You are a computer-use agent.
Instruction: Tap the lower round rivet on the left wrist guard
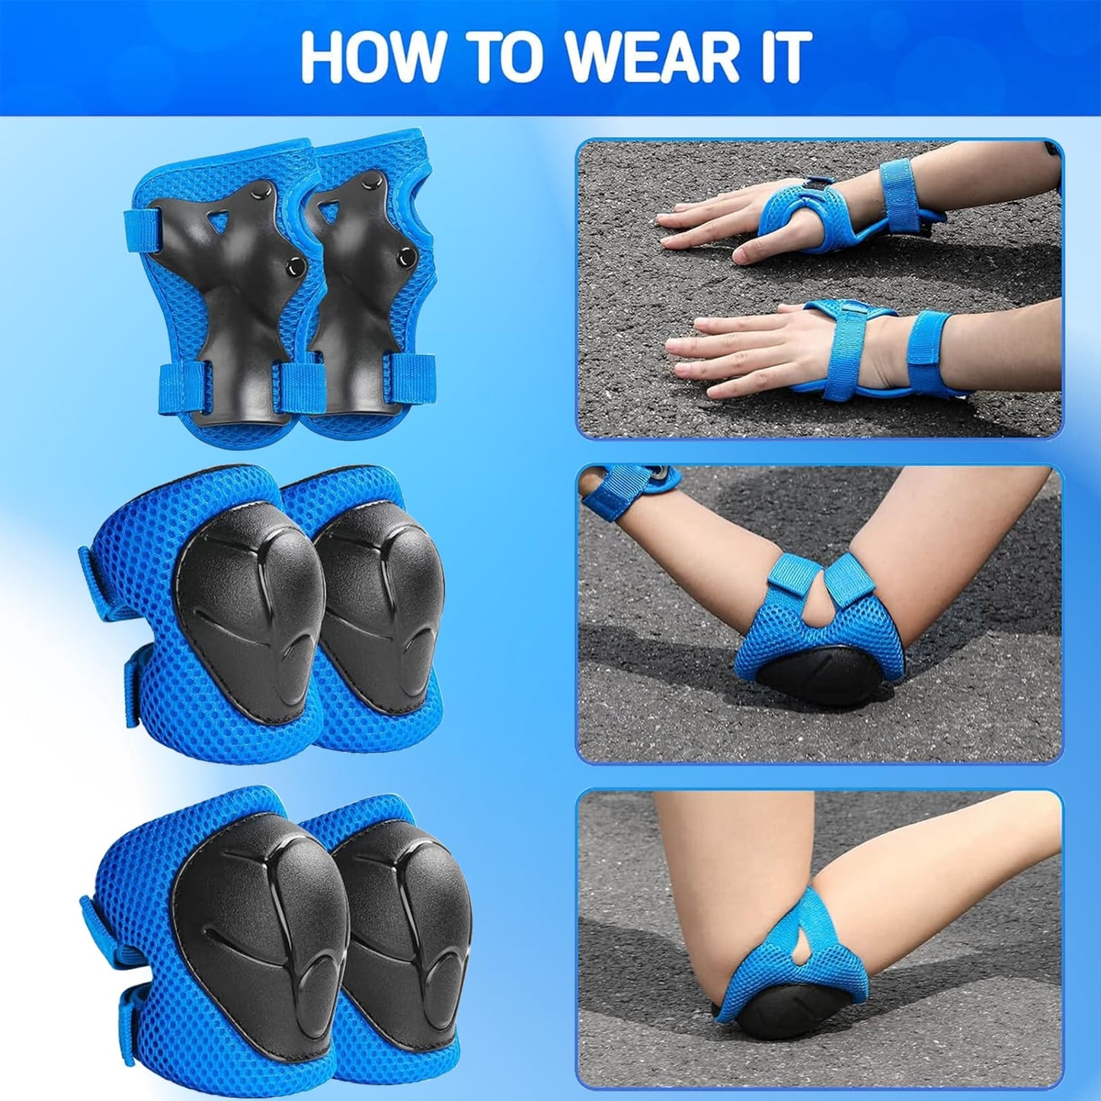click(295, 265)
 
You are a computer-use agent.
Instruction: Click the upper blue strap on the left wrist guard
click(142, 232)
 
